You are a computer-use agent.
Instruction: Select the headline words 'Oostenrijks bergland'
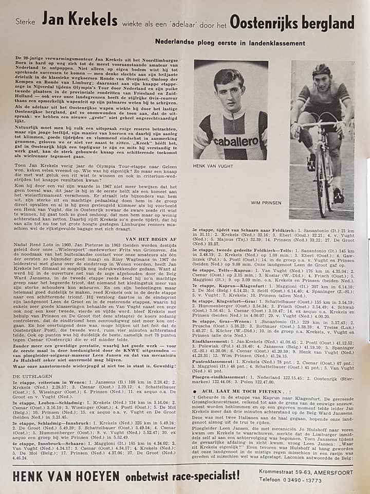point(292,22)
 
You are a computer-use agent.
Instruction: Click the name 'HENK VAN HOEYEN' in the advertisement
point(66,476)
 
